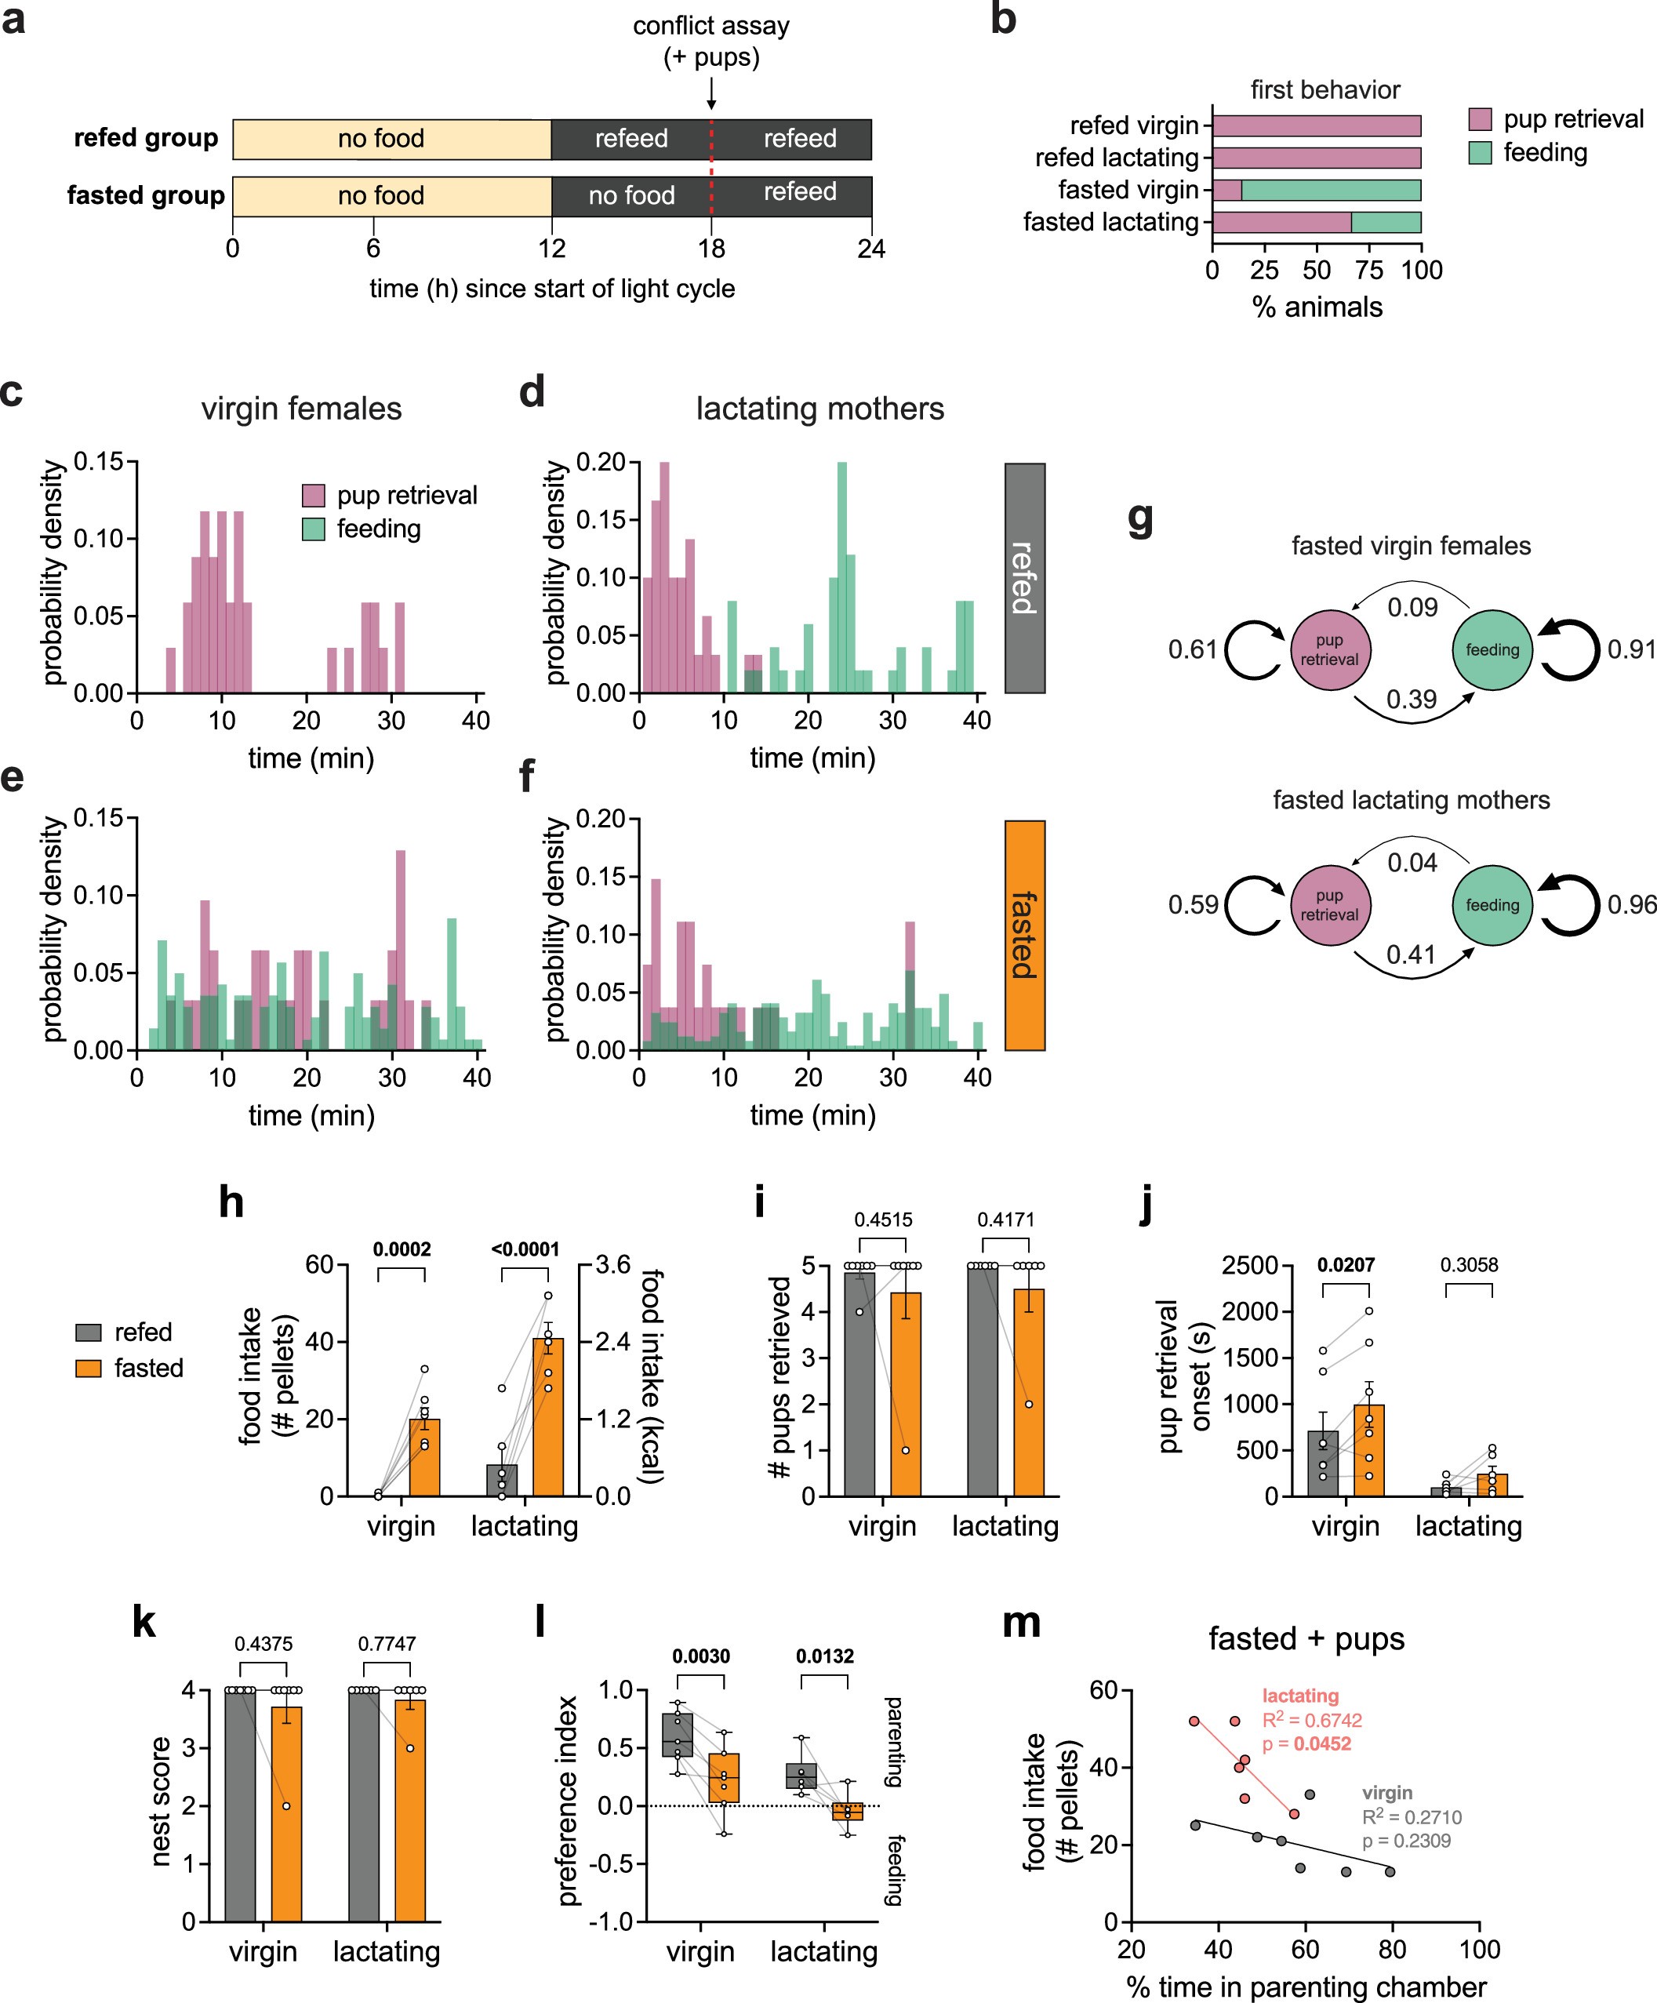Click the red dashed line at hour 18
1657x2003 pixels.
pos(711,168)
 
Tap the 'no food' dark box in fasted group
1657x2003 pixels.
pos(630,195)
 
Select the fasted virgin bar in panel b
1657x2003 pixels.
pos(1317,190)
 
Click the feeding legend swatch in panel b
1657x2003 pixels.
pos(1480,153)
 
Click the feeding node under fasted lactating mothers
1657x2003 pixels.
pos(1492,905)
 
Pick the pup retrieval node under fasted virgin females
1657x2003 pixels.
pos(1329,649)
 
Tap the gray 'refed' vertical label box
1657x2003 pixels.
pos(1024,578)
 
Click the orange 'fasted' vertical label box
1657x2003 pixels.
pos(1024,935)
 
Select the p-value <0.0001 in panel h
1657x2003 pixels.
pos(525,1249)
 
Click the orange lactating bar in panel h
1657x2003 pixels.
pos(547,1417)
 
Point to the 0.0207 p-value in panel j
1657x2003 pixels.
pos(1345,1266)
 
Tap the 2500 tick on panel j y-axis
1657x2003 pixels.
pos(1250,1266)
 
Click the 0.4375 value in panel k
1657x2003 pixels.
pos(263,1643)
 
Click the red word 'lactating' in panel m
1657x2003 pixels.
pos(1300,1696)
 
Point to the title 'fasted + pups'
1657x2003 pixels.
pos(1306,1638)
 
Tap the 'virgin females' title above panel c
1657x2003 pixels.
pos(301,409)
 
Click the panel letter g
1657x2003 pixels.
pos(1140,520)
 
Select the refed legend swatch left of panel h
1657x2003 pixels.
pos(89,1332)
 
